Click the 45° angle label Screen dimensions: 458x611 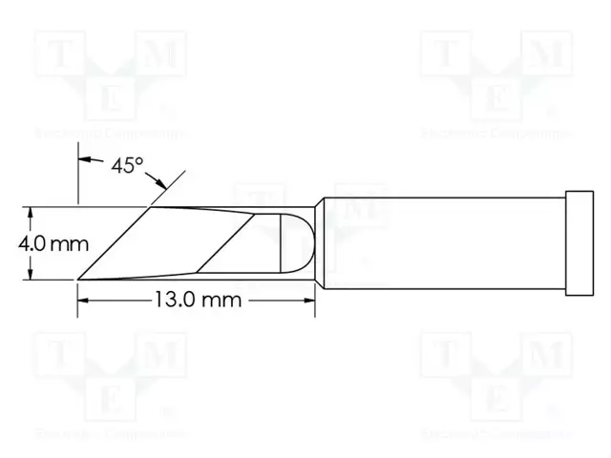pyautogui.click(x=125, y=165)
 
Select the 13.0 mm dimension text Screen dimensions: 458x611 pyautogui.click(x=195, y=300)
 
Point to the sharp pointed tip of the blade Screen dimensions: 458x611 pyautogui.click(x=78, y=279)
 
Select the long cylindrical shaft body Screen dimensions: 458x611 pyautogui.click(x=439, y=242)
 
